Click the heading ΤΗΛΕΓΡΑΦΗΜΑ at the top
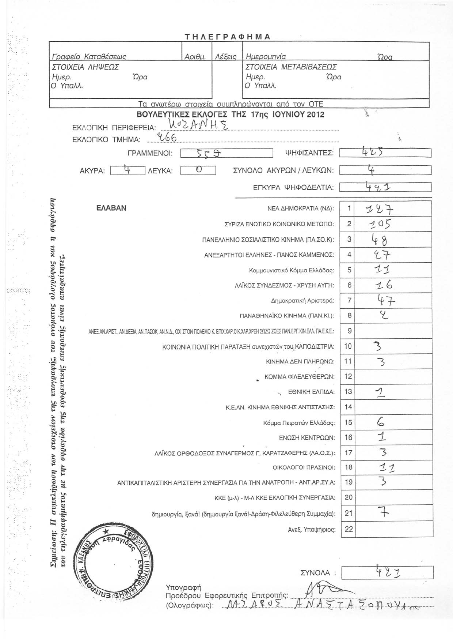pos(227,37)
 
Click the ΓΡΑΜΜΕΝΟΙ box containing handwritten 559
pos(226,153)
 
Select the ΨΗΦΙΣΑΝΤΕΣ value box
pos(385,153)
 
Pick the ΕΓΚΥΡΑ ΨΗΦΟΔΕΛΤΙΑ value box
pos(385,187)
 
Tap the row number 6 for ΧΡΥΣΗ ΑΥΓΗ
pos(349,285)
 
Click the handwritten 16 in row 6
pos(380,285)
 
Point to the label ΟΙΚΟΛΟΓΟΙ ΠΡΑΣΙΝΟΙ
pos(304,467)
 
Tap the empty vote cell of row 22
pos(394,529)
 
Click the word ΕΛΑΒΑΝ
pos(111,208)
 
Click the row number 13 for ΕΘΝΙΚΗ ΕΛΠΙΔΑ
pos(349,392)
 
